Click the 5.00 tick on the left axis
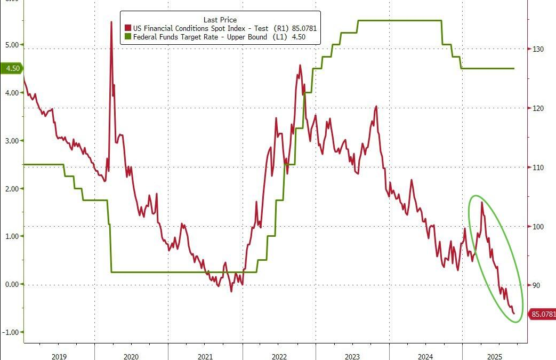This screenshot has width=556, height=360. (11, 45)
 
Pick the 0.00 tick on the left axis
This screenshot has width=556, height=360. (11, 284)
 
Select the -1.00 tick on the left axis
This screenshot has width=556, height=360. (10, 332)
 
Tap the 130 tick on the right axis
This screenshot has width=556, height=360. (536, 49)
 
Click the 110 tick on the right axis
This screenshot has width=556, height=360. (536, 167)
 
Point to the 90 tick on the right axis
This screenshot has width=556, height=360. (535, 286)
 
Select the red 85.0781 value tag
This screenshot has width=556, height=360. (542, 314)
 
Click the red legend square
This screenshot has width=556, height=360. (127, 28)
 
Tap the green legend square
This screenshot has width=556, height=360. (127, 37)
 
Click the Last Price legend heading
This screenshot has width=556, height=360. (220, 20)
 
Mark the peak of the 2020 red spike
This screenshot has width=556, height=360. (111, 22)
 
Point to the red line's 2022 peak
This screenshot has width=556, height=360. (300, 66)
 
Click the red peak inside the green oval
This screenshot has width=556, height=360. (482, 202)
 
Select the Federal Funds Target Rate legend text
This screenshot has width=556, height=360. (209, 37)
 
